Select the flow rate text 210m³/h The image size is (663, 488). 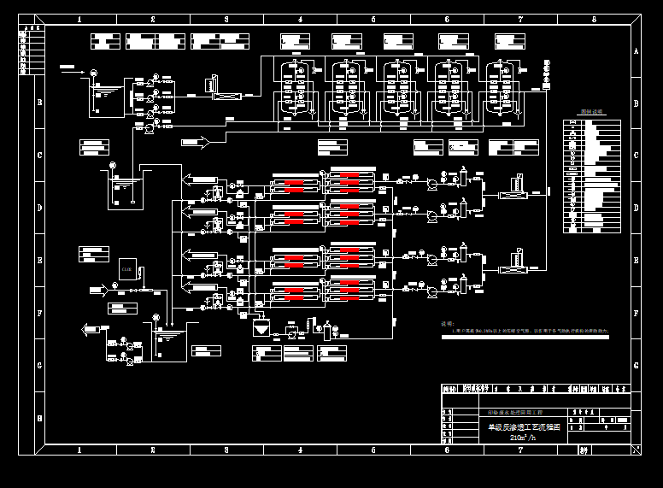coord(523,438)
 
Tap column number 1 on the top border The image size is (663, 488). coord(79,19)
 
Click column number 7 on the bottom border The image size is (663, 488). coord(520,450)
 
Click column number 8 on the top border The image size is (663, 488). coord(594,19)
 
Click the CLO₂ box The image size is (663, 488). coord(127,269)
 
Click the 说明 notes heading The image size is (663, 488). coord(447,324)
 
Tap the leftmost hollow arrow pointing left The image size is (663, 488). coord(89,328)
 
